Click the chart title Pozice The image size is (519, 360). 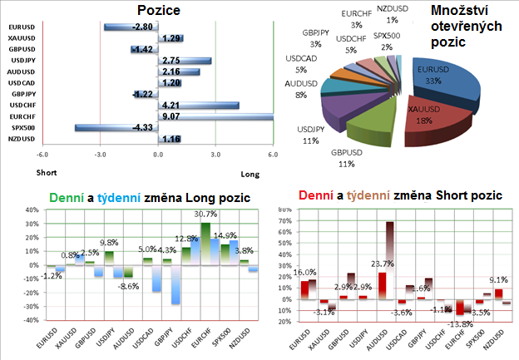[158, 10]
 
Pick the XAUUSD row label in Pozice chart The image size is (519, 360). [22, 38]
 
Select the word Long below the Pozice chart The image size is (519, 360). [250, 174]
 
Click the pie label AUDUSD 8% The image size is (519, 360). [300, 89]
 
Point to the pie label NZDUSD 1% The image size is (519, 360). [393, 13]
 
